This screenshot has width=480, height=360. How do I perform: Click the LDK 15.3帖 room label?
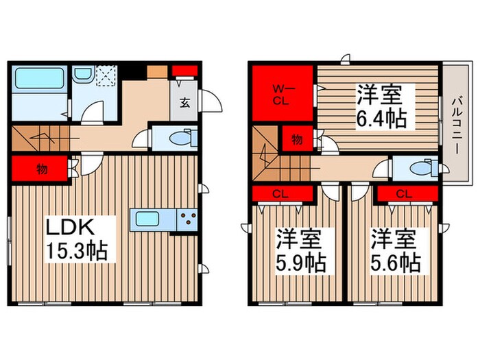point(75,237)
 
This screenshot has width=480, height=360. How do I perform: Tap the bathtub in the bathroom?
point(39,80)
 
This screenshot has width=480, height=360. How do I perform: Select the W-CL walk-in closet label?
point(281,93)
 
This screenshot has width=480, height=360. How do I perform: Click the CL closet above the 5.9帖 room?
point(278,194)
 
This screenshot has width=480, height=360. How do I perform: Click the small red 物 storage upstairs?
point(297,140)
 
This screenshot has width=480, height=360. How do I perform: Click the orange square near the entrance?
point(156,71)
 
